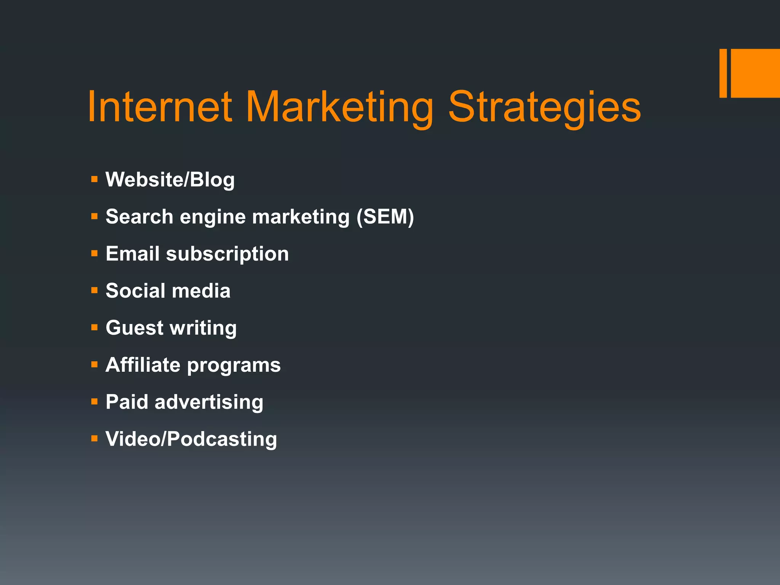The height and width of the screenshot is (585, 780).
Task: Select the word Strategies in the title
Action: [x=545, y=108]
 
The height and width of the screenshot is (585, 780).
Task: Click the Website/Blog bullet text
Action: [x=170, y=180]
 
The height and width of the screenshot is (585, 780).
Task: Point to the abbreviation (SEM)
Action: [x=385, y=217]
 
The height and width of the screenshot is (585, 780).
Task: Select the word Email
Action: [x=132, y=254]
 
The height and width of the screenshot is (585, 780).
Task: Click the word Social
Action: [x=136, y=291]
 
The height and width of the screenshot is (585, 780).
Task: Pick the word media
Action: [x=201, y=291]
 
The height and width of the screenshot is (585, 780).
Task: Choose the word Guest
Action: [x=134, y=328]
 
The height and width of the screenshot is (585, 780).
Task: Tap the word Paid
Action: [x=127, y=402]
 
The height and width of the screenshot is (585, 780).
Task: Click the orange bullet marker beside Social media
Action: [x=94, y=291]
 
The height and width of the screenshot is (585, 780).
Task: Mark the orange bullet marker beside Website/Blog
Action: [x=94, y=179]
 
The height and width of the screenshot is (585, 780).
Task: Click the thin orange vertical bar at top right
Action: [x=723, y=73]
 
